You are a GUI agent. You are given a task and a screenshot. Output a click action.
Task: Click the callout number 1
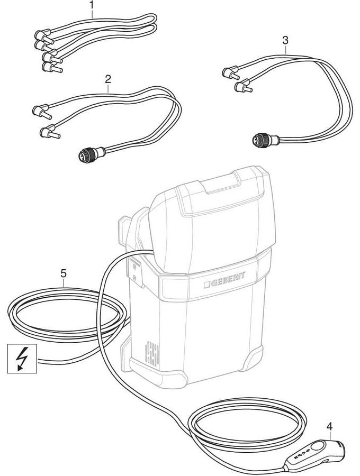click(x=92, y=6)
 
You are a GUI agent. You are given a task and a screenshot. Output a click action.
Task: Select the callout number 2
click(x=108, y=79)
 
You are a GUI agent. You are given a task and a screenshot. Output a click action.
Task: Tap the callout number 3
click(x=285, y=40)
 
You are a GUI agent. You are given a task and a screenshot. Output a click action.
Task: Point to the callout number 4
click(x=329, y=426)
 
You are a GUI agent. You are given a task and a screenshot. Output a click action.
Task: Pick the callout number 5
click(x=63, y=273)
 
